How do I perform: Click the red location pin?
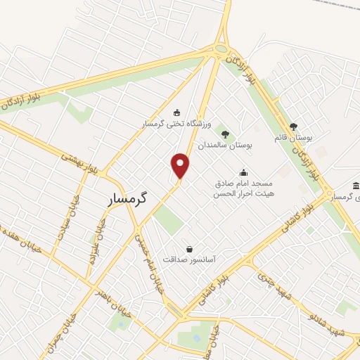tap(181, 165)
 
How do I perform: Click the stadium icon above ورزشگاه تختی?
tap(176, 112)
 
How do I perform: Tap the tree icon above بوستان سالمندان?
tap(225, 133)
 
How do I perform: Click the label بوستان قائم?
tap(292, 138)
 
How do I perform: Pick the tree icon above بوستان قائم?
tap(293, 127)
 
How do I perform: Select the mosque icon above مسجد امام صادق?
tap(243, 172)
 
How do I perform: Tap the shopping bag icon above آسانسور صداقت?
tap(189, 248)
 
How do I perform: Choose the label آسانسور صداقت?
tap(190, 259)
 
